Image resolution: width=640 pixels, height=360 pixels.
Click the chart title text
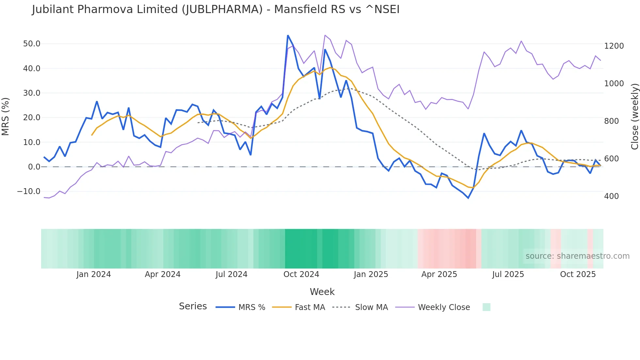point(216,9)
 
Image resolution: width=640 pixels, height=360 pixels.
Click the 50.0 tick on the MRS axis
point(32,44)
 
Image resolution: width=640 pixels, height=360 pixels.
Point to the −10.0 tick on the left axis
point(29,191)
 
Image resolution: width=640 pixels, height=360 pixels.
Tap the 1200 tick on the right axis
point(614,46)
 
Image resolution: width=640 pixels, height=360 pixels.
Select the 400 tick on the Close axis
point(611,196)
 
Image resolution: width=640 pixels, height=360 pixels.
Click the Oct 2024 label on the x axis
point(301,274)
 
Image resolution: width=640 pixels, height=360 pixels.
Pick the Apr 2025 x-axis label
point(439,274)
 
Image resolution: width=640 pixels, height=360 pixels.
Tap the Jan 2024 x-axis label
point(94,274)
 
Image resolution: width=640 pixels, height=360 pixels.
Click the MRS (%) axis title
point(6,117)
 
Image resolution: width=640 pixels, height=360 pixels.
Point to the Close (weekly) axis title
point(634,117)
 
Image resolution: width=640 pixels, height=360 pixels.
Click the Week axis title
point(322,292)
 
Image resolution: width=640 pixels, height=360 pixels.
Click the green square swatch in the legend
point(486,307)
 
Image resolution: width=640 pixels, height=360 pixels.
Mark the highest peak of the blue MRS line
point(288,35)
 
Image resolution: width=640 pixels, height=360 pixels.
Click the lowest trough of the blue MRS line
point(468,198)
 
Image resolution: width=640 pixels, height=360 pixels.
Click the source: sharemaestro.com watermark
point(577,256)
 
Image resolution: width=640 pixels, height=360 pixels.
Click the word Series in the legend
point(193,306)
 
